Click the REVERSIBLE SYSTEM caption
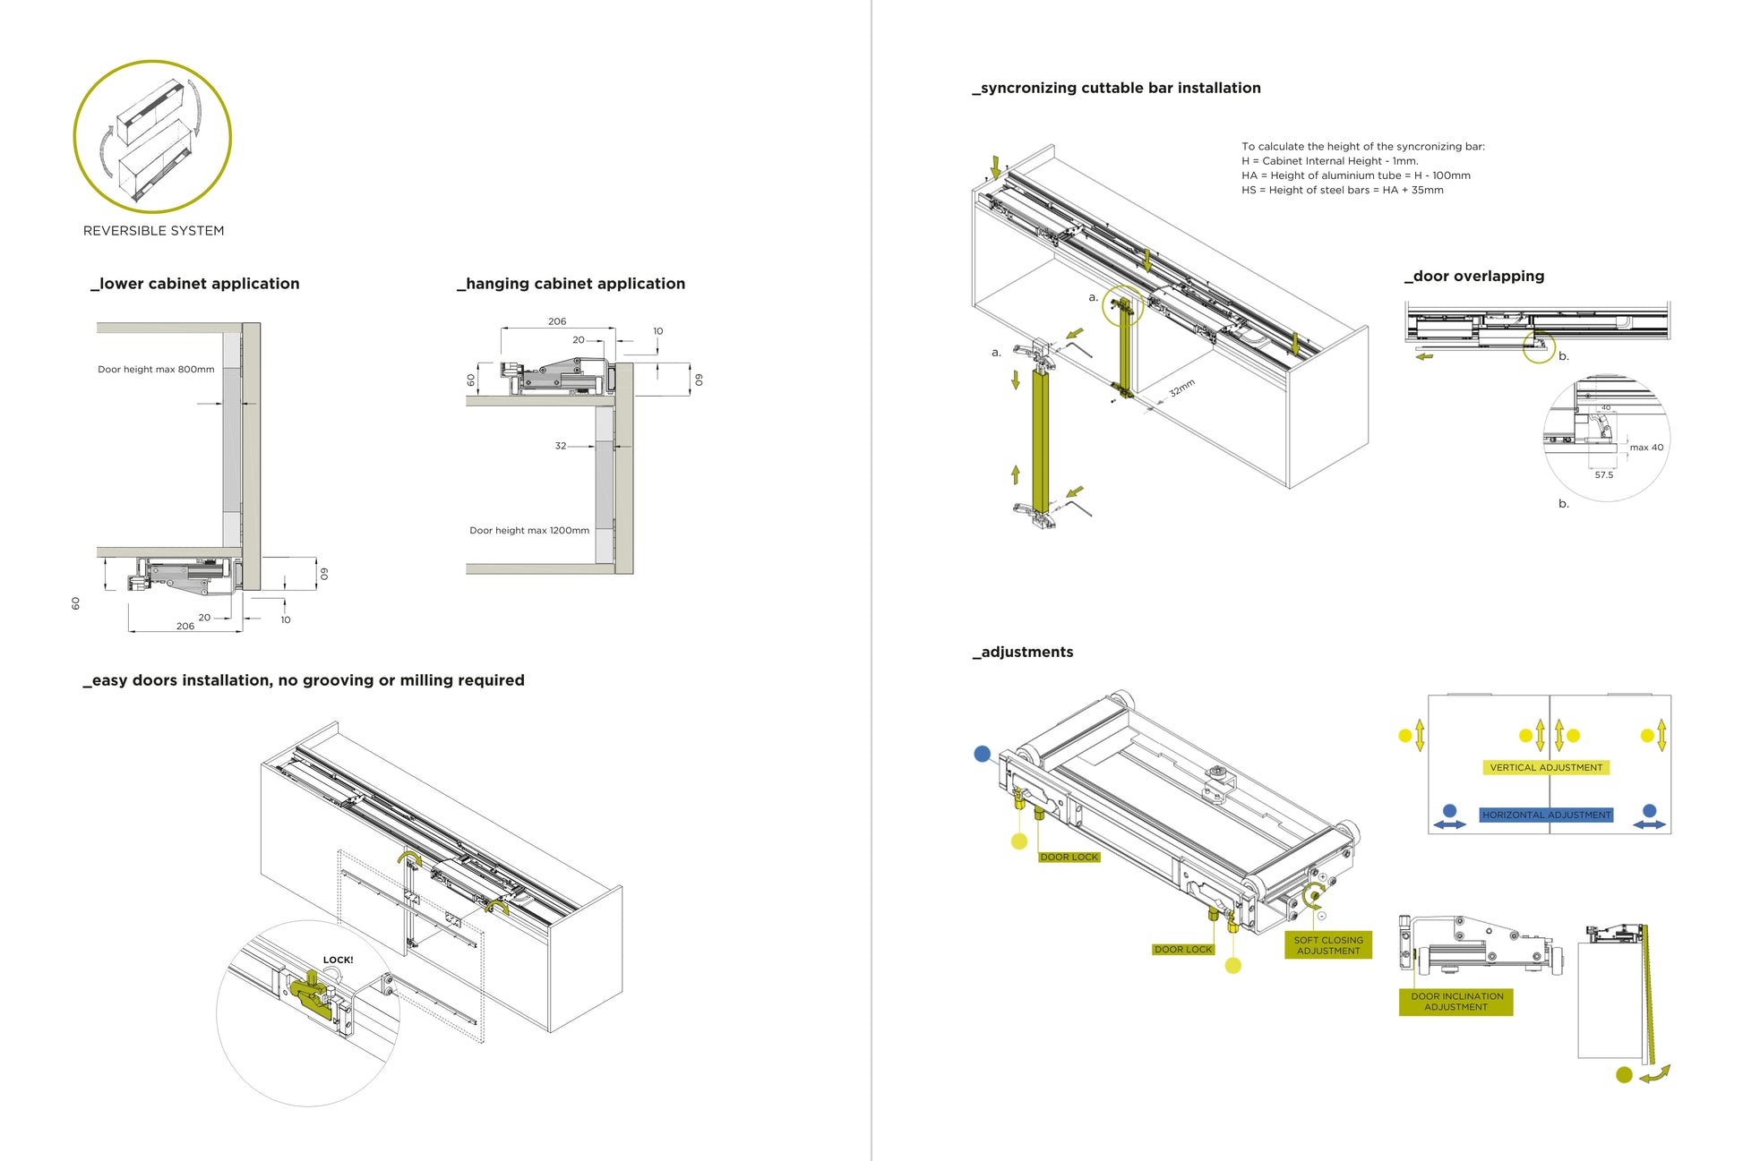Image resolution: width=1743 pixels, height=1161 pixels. pos(153,231)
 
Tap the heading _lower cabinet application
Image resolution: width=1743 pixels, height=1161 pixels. pos(195,284)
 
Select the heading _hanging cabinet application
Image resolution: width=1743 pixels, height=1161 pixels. pos(571,284)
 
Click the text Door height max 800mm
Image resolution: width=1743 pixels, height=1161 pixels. pos(156,369)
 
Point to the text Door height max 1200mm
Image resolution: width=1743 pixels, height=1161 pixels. pos(529,530)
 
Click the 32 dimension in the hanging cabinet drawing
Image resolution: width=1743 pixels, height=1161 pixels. pos(561,446)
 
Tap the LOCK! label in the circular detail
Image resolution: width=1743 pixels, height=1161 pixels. pos(338,960)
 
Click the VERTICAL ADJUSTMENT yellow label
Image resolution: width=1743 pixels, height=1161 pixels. pos(1546,767)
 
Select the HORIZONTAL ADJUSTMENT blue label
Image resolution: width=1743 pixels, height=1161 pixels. pos(1546,815)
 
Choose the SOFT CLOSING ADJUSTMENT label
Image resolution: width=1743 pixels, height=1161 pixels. pos(1328,945)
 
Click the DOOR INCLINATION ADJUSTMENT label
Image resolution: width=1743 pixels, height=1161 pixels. pos(1456,1002)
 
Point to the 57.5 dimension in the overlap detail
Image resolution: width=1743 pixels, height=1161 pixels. pos(1603,474)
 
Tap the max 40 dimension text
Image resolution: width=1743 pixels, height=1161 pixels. pos(1646,448)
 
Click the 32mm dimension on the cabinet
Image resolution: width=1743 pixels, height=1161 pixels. pos(1182,388)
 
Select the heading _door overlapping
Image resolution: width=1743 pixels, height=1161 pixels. pos(1474,276)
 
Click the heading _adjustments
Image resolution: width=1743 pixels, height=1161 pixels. pos(1023,652)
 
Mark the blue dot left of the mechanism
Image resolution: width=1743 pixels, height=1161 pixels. pos(983,754)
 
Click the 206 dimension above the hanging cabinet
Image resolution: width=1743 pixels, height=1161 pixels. pos(557,321)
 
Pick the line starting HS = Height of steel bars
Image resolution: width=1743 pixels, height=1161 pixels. pos(1342,190)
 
